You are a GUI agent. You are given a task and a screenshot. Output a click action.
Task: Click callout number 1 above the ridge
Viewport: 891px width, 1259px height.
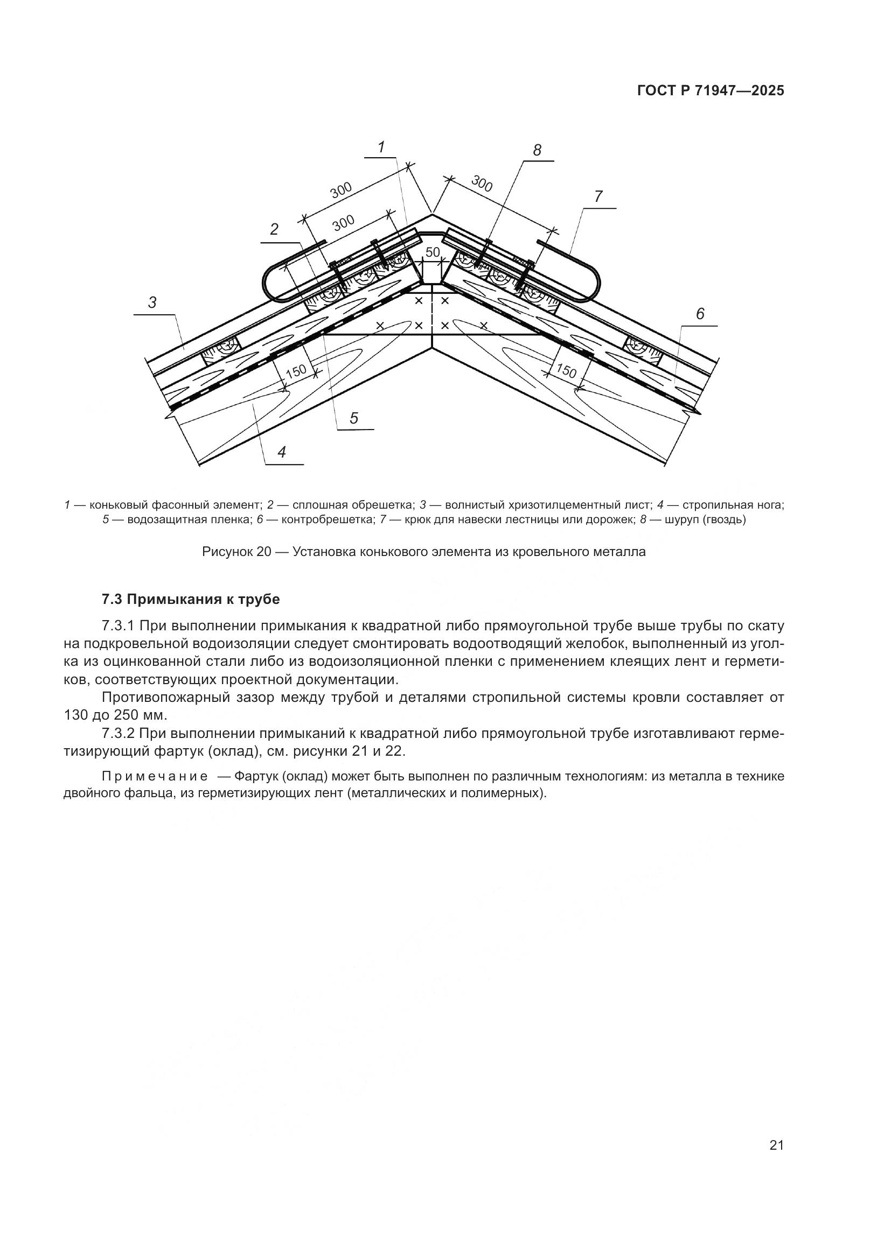[x=381, y=147]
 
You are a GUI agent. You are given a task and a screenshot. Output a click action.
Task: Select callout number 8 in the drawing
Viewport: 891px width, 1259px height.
[x=537, y=150]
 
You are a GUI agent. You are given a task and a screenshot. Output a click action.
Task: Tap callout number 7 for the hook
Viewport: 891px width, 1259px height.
[x=598, y=196]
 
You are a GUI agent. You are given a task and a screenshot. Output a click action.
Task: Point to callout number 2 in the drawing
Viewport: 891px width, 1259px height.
[x=274, y=230]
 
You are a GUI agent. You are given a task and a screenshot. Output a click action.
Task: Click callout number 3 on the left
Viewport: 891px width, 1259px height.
[x=152, y=302]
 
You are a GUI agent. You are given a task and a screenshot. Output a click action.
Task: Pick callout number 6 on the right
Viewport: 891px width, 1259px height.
[x=700, y=314]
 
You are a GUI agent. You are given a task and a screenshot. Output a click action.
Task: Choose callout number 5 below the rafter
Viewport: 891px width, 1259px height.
[x=354, y=418]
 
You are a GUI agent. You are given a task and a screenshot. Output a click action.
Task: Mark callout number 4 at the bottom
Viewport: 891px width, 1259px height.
[x=282, y=452]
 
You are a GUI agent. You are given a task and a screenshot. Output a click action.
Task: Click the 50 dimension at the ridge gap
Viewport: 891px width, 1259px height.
[x=433, y=252]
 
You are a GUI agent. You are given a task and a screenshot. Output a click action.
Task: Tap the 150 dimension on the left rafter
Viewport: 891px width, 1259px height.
[x=296, y=371]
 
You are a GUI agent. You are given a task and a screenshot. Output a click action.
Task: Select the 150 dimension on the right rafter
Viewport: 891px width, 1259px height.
[x=566, y=372]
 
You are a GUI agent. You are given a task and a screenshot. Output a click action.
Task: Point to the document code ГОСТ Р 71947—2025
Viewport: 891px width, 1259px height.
[x=711, y=91]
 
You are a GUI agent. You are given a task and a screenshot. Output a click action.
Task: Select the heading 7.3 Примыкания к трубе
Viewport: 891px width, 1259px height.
[x=190, y=599]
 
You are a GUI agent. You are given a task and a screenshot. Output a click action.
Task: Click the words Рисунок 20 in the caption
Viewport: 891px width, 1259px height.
[x=236, y=552]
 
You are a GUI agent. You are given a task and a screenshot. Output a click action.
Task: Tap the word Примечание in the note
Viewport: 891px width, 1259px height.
[x=155, y=776]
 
